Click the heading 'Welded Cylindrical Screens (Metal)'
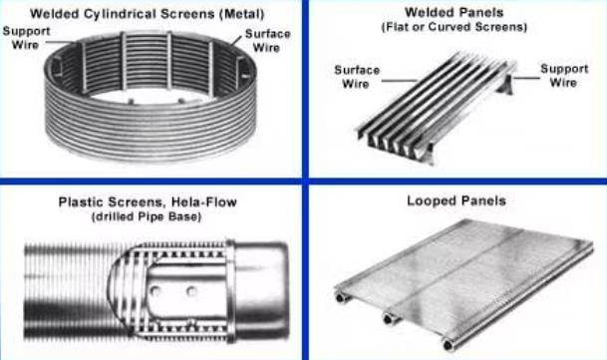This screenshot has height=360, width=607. (147, 14)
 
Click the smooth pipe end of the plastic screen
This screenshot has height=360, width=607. (261, 290)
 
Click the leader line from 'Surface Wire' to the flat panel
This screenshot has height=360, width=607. (394, 79)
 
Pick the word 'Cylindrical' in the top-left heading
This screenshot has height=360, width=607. (120, 14)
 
